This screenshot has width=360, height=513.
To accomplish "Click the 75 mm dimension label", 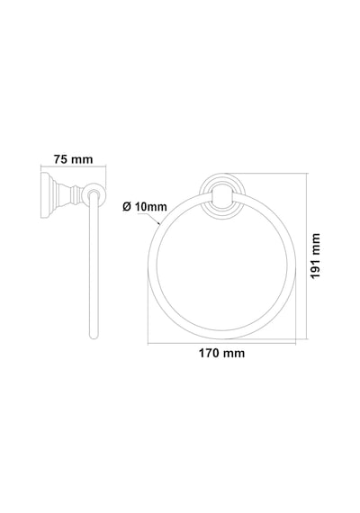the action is click(x=73, y=159).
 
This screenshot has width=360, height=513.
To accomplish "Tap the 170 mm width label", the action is click(x=221, y=354).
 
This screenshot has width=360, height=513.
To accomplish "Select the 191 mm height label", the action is click(x=315, y=256).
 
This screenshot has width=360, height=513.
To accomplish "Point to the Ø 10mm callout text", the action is click(x=145, y=207).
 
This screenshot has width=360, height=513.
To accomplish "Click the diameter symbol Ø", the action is click(x=127, y=207).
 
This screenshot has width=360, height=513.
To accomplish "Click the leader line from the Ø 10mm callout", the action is click(x=149, y=219).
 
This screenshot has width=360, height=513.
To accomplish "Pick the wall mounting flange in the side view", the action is click(x=47, y=195).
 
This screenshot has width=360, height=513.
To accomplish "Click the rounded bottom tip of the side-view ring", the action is click(x=94, y=336).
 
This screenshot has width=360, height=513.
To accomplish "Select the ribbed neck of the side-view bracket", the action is click(x=68, y=195).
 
